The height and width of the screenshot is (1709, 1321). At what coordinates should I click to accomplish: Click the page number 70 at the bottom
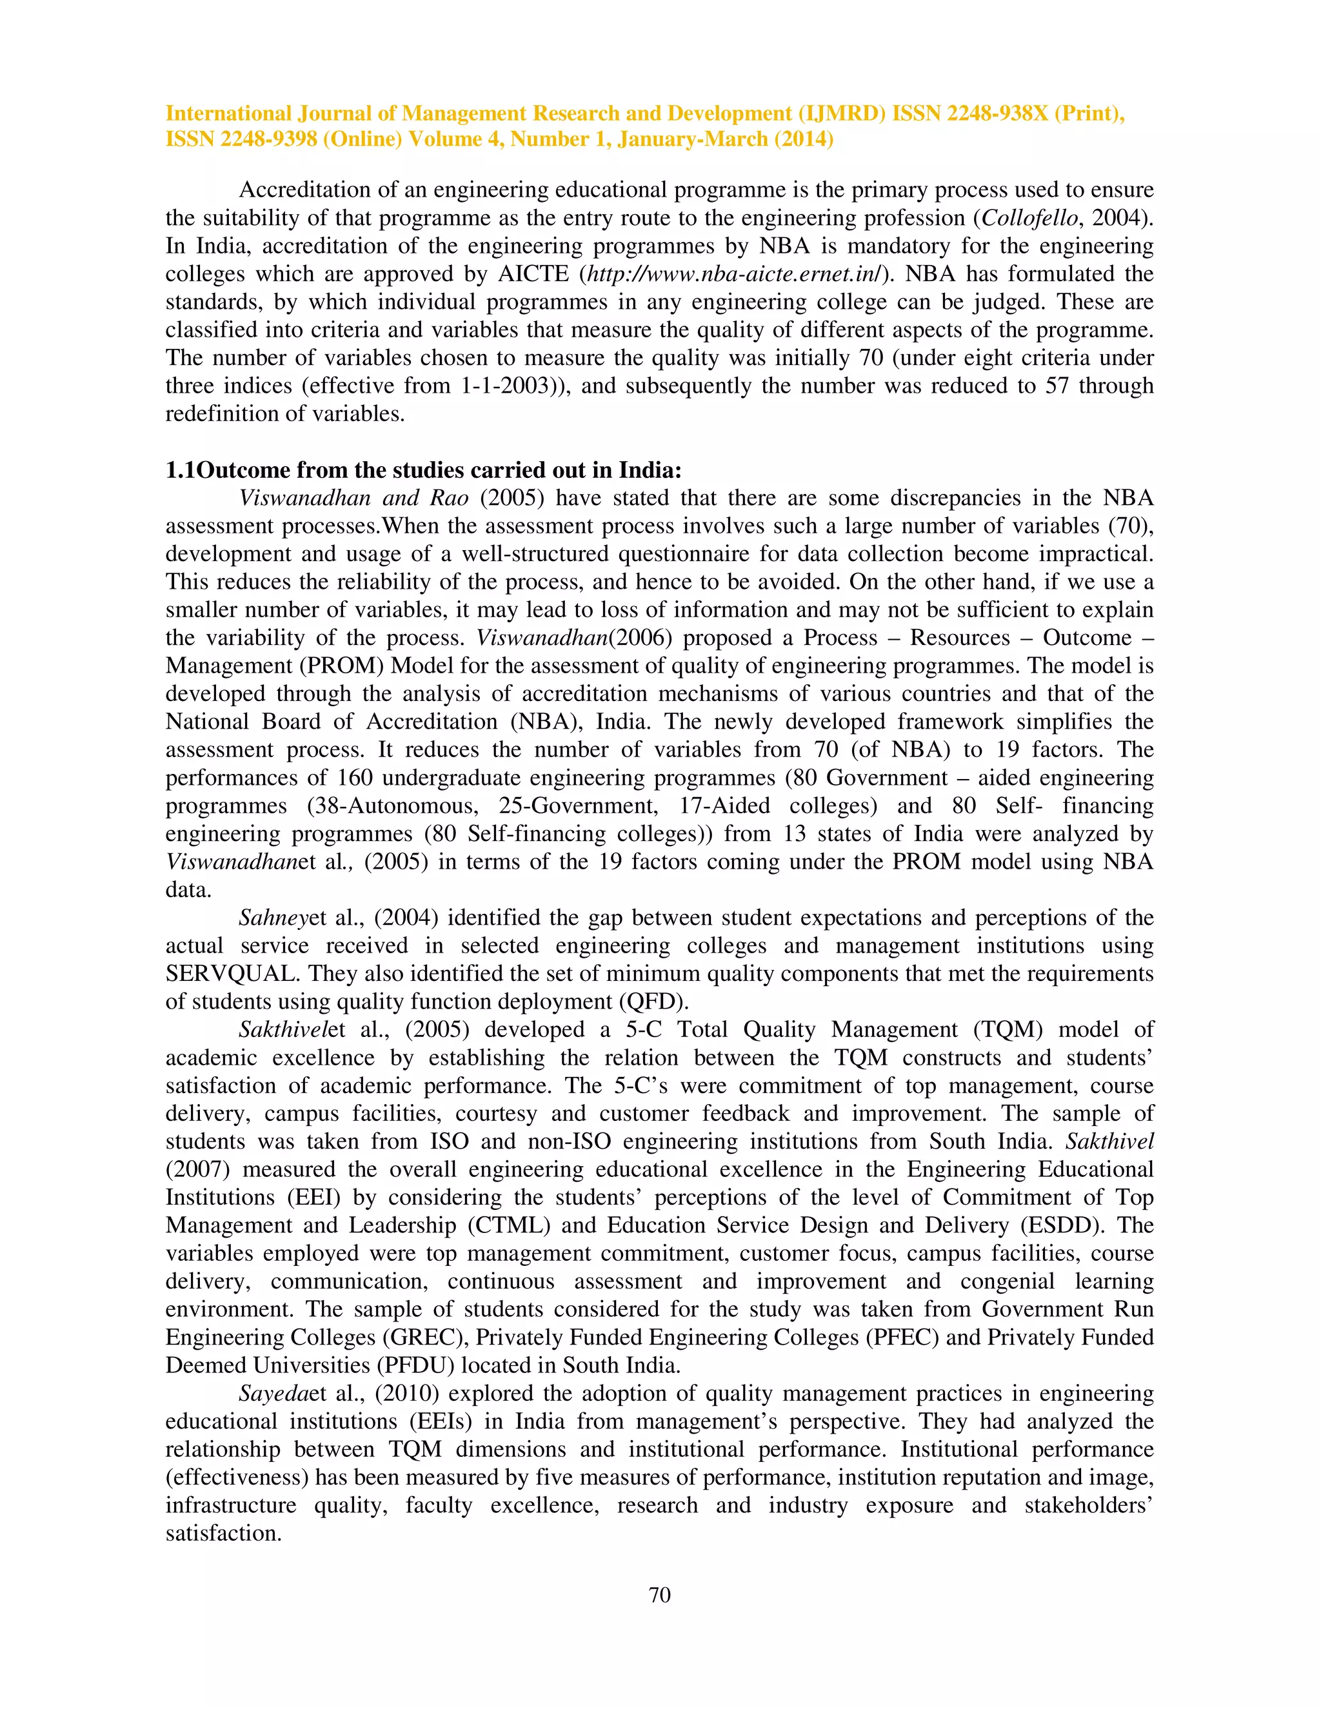660,1595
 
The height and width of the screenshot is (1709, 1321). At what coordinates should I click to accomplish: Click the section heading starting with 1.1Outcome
423,470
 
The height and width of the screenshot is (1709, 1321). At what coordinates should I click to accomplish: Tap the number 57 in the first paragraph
1057,386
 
